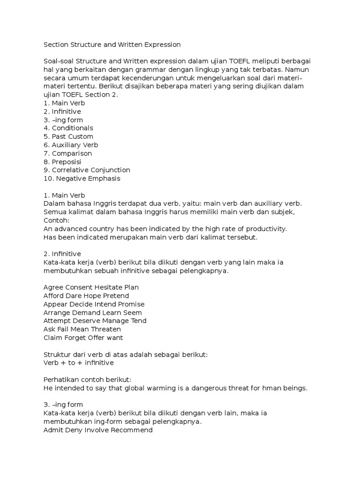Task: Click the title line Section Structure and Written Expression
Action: pyautogui.click(x=112, y=45)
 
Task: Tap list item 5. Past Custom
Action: pyautogui.click(x=68, y=136)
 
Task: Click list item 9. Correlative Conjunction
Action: pyautogui.click(x=87, y=170)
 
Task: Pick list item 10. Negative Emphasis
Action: pyautogui.click(x=82, y=178)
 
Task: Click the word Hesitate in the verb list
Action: pyautogui.click(x=106, y=287)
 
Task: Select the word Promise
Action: pyautogui.click(x=131, y=304)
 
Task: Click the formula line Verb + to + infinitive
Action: pyautogui.click(x=78, y=363)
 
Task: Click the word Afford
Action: pyautogui.click(x=53, y=296)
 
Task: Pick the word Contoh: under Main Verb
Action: pyautogui.click(x=56, y=220)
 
